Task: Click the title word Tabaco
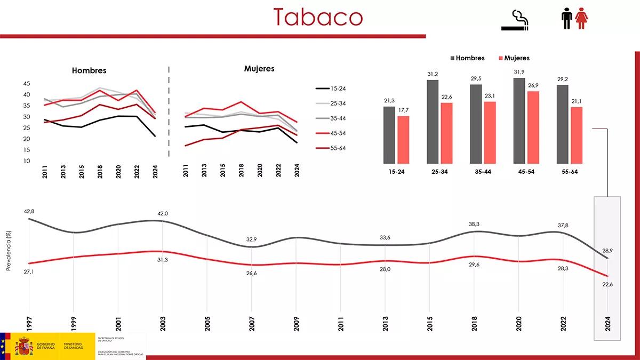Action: pos(318,17)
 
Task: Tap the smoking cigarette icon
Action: pos(515,21)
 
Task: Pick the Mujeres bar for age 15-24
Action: pos(404,140)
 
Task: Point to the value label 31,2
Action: pos(433,74)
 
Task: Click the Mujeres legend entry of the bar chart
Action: pos(515,58)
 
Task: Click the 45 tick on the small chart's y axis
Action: pos(27,84)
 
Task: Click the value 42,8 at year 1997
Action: pos(29,211)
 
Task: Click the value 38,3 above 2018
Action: pos(474,225)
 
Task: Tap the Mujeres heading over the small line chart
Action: pos(259,69)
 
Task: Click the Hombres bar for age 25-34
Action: pos(433,122)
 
